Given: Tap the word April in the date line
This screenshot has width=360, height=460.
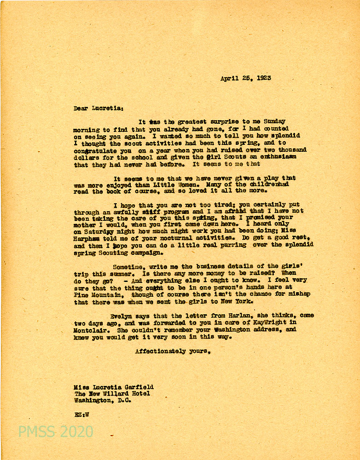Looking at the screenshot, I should click(x=230, y=79).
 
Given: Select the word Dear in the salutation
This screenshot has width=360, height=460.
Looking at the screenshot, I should click(x=81, y=109).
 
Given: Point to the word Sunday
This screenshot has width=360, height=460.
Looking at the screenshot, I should click(x=276, y=122).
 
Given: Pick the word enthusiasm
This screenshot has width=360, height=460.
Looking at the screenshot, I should click(x=278, y=157).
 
